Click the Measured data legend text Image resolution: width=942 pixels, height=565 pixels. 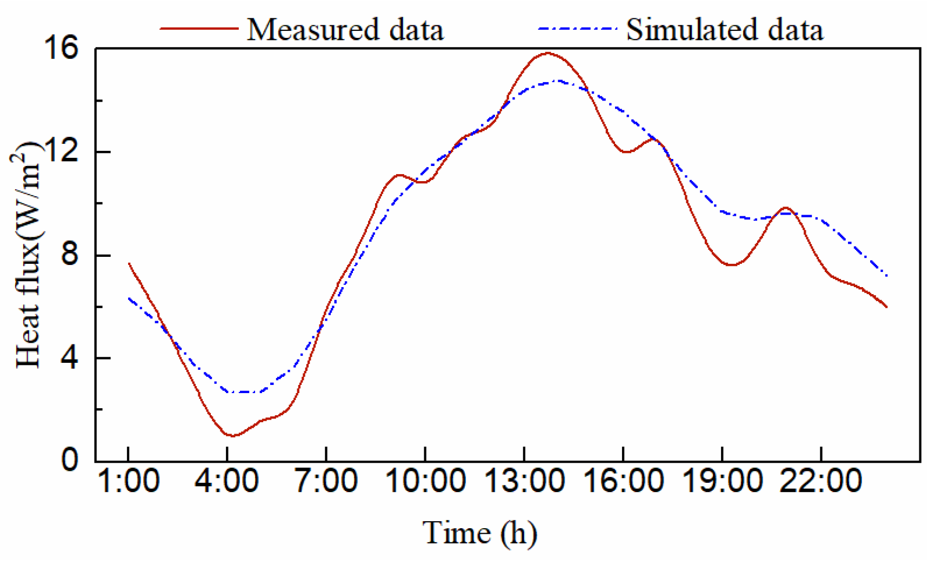[x=345, y=29]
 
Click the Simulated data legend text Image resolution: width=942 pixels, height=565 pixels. [x=724, y=29]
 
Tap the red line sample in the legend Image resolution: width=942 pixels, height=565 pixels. [x=198, y=28]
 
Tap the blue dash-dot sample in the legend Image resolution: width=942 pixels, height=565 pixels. [x=577, y=28]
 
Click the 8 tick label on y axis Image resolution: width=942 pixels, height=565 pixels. [x=70, y=255]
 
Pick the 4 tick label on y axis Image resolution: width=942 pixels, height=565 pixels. [x=70, y=358]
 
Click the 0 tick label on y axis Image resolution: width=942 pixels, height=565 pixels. [x=70, y=461]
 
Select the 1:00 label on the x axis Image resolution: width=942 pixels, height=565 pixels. [x=128, y=481]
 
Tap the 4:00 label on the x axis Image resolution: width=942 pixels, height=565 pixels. [x=227, y=481]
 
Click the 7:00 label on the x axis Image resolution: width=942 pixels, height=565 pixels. [x=326, y=481]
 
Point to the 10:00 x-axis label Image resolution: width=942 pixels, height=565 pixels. [x=425, y=481]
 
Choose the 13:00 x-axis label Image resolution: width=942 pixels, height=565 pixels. [x=524, y=481]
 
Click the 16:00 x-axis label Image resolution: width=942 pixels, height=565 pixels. [x=623, y=481]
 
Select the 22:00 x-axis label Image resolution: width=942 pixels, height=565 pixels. [x=821, y=481]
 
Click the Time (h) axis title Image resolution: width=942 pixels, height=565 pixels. [x=479, y=533]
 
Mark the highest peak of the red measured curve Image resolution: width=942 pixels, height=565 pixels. [x=547, y=53]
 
